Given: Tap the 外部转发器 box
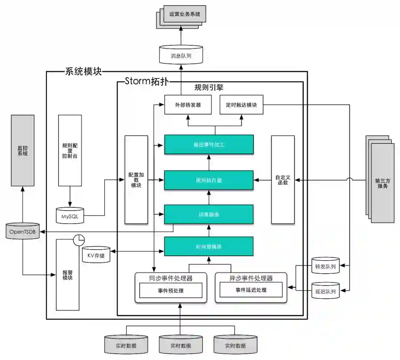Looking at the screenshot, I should (188, 105).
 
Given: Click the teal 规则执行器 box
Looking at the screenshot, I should (209, 180).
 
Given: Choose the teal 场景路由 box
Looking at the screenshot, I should (209, 214).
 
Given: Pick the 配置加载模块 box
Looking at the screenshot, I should (136, 180).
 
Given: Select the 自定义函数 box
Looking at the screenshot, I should (283, 180).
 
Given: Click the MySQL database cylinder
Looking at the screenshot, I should (70, 215).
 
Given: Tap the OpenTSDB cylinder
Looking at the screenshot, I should (23, 231).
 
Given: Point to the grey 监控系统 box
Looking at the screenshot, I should (23, 150).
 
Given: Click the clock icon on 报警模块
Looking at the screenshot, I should (79, 240).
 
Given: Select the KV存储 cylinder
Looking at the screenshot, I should (96, 255).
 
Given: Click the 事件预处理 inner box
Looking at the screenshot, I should (171, 290).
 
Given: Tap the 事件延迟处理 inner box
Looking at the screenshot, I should (251, 290).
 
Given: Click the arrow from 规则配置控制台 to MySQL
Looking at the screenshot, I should (70, 196).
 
